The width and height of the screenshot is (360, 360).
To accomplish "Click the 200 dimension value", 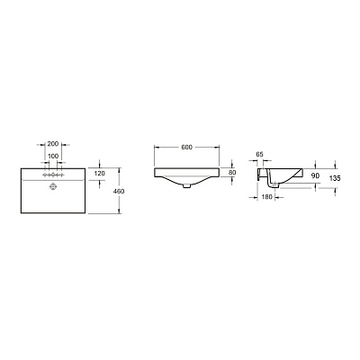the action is click(x=53, y=144).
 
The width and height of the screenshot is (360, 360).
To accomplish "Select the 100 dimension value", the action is click(x=53, y=156).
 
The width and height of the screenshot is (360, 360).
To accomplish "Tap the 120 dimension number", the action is click(x=99, y=174).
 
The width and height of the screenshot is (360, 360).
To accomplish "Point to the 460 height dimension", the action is click(x=119, y=191).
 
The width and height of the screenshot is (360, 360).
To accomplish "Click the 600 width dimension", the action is click(x=186, y=147).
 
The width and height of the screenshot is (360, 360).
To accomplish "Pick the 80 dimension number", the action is click(x=232, y=173).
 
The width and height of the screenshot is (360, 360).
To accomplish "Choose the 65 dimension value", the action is click(x=260, y=154).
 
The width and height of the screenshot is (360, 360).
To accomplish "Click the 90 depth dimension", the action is click(x=315, y=175).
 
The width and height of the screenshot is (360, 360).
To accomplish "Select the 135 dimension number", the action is click(x=335, y=178).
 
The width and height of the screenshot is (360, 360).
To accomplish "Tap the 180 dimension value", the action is click(x=266, y=197).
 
